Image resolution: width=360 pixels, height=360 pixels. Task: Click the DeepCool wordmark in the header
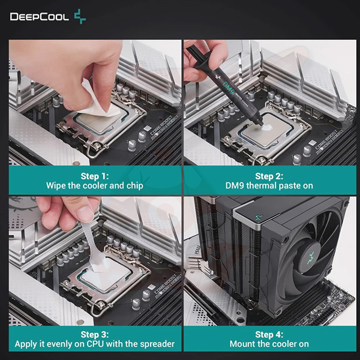pyautogui.click(x=39, y=17)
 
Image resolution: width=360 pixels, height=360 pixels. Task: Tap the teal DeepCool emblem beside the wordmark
pyautogui.click(x=80, y=17)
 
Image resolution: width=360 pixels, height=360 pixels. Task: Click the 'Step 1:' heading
pyautogui.click(x=95, y=176)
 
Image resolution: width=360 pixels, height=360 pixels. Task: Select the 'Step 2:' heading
pyautogui.click(x=269, y=176)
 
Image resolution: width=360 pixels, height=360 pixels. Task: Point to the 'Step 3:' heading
pyautogui.click(x=95, y=335)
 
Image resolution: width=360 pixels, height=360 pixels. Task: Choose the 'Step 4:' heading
pyautogui.click(x=269, y=335)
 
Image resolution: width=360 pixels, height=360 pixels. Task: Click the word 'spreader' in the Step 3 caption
pyautogui.click(x=157, y=344)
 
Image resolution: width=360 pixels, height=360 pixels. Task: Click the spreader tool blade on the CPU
pyautogui.click(x=97, y=257)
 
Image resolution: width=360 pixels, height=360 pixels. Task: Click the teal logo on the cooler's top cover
pyautogui.click(x=259, y=217)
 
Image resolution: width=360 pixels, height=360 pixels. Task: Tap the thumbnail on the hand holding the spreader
pyautogui.click(x=86, y=213)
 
